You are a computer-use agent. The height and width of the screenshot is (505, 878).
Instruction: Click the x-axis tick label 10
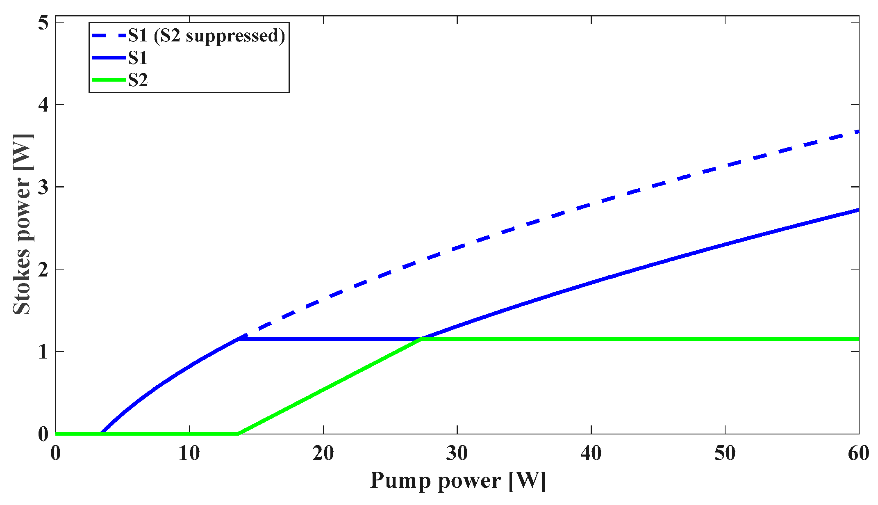pos(189,453)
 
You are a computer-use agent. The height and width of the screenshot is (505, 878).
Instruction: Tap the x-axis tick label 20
pos(323,453)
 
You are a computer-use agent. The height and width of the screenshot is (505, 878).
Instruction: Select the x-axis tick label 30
pos(457,453)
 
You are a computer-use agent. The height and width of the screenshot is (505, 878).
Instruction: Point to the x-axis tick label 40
pos(591,453)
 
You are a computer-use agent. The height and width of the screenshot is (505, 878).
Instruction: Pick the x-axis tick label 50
pos(725,453)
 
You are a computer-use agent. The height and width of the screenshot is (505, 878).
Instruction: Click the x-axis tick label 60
pos(858,453)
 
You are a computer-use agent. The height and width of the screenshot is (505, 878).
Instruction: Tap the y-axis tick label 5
pos(43,23)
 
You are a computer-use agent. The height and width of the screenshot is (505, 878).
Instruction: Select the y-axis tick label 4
pos(43,105)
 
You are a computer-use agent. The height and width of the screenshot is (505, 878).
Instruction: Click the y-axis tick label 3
pos(43,187)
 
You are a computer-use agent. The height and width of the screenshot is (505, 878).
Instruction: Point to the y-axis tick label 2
pos(43,270)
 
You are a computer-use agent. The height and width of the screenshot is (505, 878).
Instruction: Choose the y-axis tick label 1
pos(43,352)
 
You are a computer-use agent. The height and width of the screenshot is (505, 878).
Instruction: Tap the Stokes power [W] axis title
pos(23,224)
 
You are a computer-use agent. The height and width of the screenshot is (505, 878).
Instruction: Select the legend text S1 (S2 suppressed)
pos(206,36)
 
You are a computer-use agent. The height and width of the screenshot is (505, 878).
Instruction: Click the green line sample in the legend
pos(109,80)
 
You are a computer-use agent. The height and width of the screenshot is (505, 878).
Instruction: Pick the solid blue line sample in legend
pos(109,58)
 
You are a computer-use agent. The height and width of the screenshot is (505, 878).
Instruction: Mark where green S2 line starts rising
pos(238,433)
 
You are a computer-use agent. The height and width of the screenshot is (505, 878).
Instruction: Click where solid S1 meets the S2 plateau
pos(421,339)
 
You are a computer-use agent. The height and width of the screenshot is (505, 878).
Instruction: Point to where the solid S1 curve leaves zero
pos(101,433)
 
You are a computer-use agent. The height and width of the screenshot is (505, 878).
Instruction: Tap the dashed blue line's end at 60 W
pos(858,132)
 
